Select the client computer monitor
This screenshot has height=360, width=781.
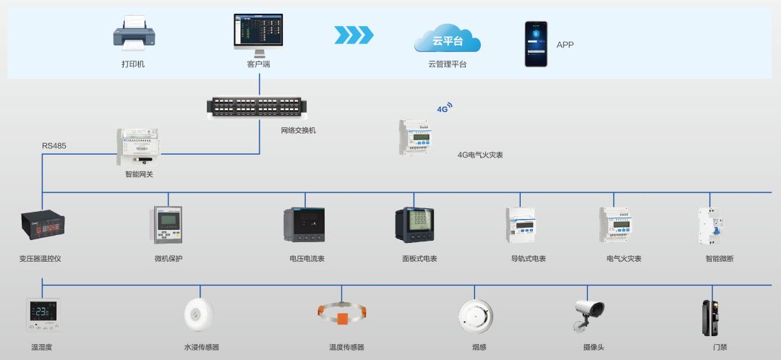257,32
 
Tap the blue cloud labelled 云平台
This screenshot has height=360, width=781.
447,40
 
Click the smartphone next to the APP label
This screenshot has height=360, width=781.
536,43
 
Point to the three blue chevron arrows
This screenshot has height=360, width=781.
354,35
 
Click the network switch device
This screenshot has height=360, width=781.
257,106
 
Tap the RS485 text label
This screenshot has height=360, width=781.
54,146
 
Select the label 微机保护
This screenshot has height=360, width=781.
168,258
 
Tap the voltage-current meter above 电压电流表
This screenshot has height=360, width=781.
304,225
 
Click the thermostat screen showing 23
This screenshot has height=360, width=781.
43,314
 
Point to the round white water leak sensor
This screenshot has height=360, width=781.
199,314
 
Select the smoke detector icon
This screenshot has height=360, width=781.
476,315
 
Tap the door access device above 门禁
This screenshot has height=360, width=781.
708,316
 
